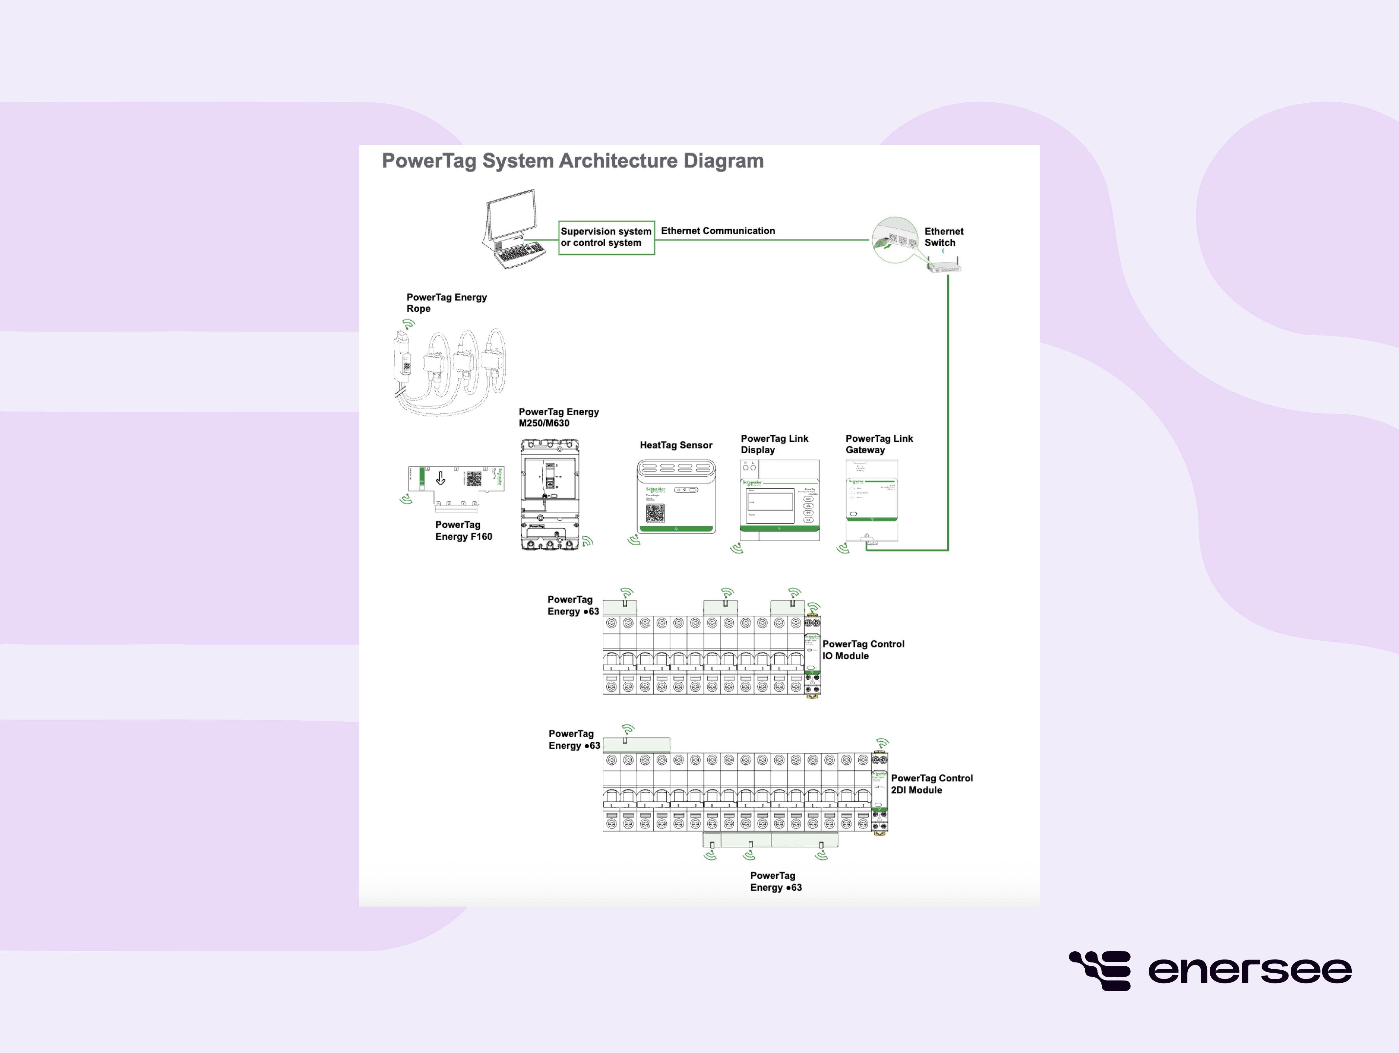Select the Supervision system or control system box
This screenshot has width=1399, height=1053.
pos(606,237)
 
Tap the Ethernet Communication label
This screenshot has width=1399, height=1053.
pos(718,231)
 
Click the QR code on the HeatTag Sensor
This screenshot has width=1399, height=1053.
pos(655,513)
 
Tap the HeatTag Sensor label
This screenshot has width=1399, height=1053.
pos(676,445)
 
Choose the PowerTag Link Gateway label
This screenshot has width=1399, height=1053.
pos(879,444)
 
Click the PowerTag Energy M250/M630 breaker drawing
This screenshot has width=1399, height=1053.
pos(550,495)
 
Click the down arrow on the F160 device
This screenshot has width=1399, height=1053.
pos(441,478)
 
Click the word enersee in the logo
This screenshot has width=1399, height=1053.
pos(1249,971)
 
